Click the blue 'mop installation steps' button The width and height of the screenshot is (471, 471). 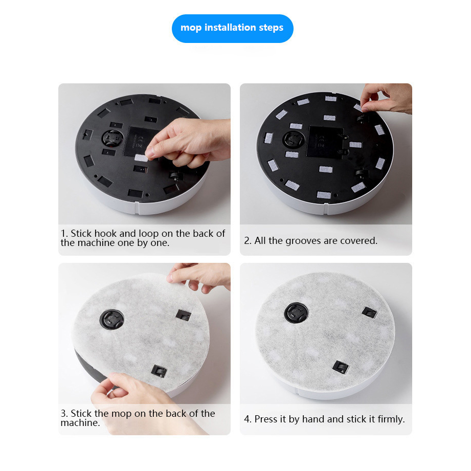click(232, 28)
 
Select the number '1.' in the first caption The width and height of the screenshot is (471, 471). click(64, 234)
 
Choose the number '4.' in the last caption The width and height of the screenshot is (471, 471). click(248, 419)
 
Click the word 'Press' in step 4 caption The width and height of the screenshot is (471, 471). click(266, 419)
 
